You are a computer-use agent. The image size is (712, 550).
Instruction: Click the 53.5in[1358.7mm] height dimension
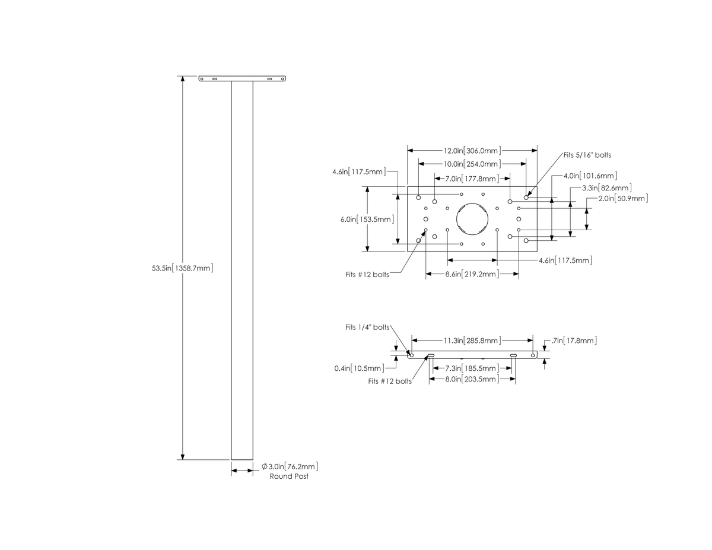pos(182,268)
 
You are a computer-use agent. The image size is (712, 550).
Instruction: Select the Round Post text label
pos(289,476)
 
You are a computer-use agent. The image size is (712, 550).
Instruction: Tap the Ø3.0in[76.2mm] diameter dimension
pos(290,466)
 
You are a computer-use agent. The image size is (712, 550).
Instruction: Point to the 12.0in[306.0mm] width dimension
pos(472,151)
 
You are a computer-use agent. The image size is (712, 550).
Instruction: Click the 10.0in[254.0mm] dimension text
pos(472,164)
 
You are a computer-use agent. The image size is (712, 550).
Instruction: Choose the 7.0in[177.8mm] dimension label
pos(472,179)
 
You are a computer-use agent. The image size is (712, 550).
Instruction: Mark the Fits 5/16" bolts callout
pos(587,155)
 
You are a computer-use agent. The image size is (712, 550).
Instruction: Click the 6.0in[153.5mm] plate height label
pos(367,219)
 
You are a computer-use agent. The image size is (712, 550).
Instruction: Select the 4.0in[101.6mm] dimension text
pos(590,176)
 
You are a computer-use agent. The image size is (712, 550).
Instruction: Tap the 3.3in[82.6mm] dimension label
pos(606,188)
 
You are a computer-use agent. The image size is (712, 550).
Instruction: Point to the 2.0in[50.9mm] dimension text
pos(623,199)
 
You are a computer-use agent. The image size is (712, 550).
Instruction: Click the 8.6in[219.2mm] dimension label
pos(472,274)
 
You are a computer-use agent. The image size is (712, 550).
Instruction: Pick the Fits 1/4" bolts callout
pos(367,328)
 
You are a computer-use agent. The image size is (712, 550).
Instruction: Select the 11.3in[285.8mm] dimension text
pos(472,341)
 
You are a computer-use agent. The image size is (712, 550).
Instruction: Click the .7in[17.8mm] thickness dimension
pos(574,341)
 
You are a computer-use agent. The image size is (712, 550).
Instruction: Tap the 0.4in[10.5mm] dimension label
pos(359,368)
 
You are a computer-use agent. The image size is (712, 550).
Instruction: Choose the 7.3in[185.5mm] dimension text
pos(472,368)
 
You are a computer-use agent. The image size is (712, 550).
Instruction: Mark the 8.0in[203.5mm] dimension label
pos(472,379)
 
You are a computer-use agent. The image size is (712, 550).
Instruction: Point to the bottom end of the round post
pos(242,460)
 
